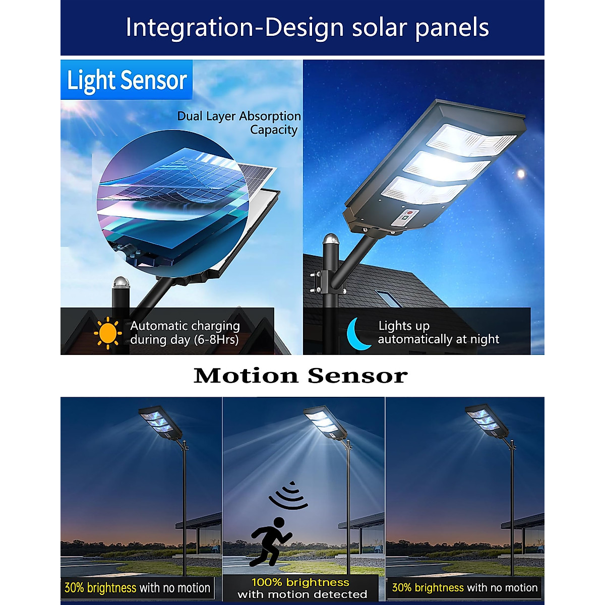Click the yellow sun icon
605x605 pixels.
108,333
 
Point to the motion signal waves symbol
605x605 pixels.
288,496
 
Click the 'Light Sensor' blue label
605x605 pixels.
127,80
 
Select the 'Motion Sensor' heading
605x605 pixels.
301,376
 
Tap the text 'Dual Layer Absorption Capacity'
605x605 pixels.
239,123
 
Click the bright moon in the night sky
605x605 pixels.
521,174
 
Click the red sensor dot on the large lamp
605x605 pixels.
409,213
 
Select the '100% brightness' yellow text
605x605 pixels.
300,583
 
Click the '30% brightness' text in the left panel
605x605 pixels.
100,588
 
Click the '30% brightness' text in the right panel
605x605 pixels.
428,588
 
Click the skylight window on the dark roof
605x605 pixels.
389,298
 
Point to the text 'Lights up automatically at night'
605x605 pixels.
438,333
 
